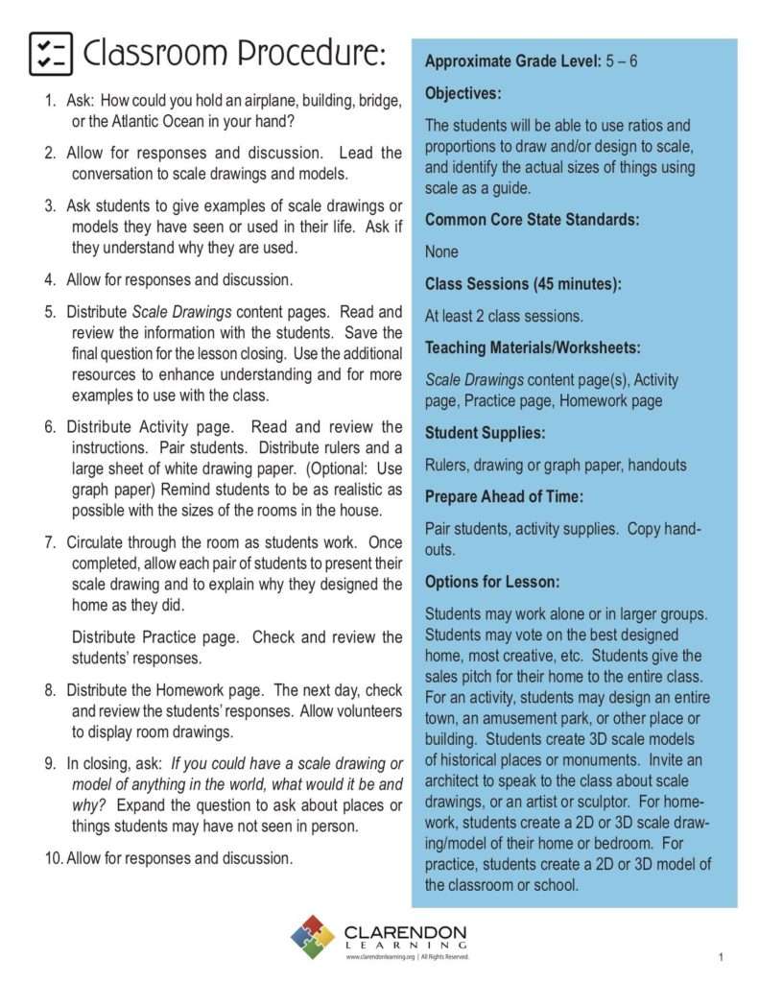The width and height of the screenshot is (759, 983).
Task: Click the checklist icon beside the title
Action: pyautogui.click(x=51, y=53)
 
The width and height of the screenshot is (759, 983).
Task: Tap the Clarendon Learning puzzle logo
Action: pyautogui.click(x=313, y=937)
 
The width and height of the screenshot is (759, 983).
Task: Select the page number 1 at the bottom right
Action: pyautogui.click(x=720, y=957)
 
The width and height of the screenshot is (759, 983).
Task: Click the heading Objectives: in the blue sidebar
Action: pyautogui.click(x=463, y=93)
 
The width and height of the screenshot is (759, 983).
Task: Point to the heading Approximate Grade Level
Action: pyautogui.click(x=512, y=61)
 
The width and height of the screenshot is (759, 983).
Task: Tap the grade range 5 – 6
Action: pyautogui.click(x=622, y=61)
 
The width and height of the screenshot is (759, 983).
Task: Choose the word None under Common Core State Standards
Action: pyautogui.click(x=441, y=252)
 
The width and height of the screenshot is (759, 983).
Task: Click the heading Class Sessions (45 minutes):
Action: pyautogui.click(x=523, y=283)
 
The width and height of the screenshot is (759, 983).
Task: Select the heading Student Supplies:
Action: pyautogui.click(x=485, y=433)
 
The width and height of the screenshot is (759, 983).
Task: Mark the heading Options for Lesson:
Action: pyautogui.click(x=492, y=582)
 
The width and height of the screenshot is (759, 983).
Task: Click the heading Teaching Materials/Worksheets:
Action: pyautogui.click(x=534, y=348)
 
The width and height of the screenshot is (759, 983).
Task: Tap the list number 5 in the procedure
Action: pyautogui.click(x=49, y=312)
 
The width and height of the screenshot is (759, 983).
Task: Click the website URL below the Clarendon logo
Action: pyautogui.click(x=381, y=957)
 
